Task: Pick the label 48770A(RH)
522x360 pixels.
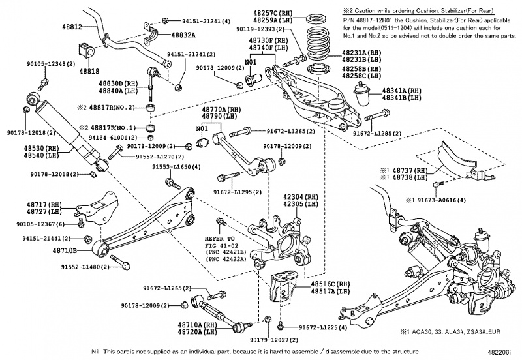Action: [221, 110]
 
